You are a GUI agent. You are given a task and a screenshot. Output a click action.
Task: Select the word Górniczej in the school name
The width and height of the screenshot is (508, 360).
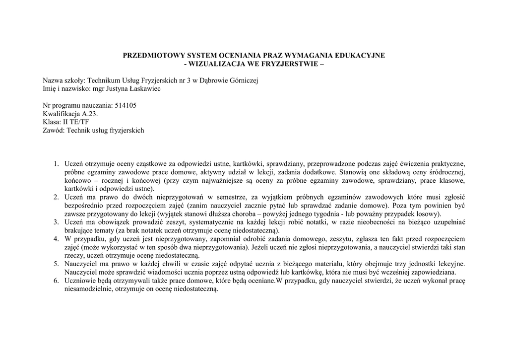tap(244, 80)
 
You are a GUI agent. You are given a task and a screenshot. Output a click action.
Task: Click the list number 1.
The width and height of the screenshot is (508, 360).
tap(57, 163)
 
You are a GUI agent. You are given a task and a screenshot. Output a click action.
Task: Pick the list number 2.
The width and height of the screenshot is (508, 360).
tap(57, 197)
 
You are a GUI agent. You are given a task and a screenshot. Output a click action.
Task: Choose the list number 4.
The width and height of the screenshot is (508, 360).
tap(57, 239)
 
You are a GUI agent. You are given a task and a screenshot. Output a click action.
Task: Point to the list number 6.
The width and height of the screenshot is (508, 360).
tap(57, 281)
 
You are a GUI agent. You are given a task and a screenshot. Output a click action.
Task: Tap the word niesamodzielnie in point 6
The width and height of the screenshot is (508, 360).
tap(87, 289)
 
